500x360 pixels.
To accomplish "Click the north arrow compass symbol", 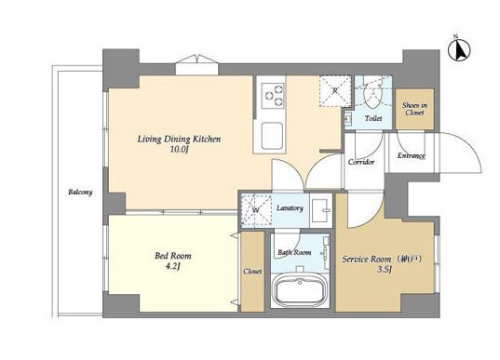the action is click(x=459, y=49).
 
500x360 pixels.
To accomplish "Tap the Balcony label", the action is click(x=80, y=193).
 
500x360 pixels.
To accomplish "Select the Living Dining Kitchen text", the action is click(x=179, y=140).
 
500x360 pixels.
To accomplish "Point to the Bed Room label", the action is click(x=173, y=256).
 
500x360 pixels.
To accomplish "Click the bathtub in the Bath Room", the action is click(x=300, y=289).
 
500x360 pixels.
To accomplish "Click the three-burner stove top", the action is click(x=273, y=95).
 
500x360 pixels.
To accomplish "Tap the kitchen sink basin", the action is click(x=272, y=136).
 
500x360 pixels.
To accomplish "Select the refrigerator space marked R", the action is click(x=335, y=91).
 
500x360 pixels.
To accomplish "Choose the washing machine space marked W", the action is click(x=256, y=210).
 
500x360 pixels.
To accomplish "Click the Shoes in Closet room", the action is click(x=414, y=109).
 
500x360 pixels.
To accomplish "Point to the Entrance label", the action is click(x=411, y=155).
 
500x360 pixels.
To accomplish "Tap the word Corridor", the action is click(x=361, y=162).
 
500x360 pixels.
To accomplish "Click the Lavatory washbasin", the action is click(x=321, y=210).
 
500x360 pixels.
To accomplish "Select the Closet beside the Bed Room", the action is click(x=252, y=272).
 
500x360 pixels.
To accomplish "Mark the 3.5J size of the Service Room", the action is click(x=385, y=270).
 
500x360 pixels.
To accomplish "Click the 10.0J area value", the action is click(x=178, y=150).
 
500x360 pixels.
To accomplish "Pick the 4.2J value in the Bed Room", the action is click(x=172, y=266).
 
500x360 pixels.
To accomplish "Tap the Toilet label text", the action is click(x=373, y=118).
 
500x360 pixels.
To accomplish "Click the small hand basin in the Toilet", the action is click(x=347, y=119).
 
